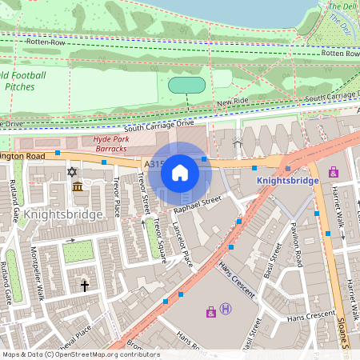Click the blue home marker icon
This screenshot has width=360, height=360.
click(x=180, y=173)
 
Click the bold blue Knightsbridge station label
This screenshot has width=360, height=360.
click(x=288, y=181)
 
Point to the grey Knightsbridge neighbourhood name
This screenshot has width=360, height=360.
click(x=63, y=214)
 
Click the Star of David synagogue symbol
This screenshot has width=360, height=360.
click(x=71, y=172)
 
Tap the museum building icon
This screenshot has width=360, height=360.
click(x=78, y=186)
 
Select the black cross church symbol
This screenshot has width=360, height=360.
click(x=84, y=285)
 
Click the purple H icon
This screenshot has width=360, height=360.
click(x=226, y=309)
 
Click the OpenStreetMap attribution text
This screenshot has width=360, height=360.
click(x=80, y=354)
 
